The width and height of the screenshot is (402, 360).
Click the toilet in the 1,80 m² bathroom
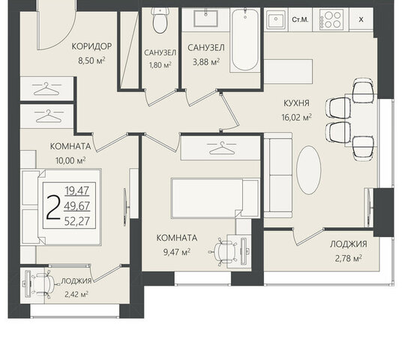point(160,20)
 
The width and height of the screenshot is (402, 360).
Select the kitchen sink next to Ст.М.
point(276,19)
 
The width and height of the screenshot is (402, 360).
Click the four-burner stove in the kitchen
point(331,19)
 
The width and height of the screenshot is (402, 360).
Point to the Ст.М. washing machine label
point(300,19)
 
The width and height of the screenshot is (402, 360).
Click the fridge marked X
point(361,19)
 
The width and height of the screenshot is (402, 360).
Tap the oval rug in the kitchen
point(309,170)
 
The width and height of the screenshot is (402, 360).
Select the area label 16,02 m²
point(297,118)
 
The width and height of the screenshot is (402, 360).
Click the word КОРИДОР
point(91,46)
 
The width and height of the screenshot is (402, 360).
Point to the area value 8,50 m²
point(91,61)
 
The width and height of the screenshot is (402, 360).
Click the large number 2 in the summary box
point(53,207)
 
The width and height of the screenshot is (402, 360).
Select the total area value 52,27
point(77,221)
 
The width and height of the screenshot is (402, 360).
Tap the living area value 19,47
point(77,190)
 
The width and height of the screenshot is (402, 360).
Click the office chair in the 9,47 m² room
point(223,251)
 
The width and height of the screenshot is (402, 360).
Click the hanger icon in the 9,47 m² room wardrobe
point(221,148)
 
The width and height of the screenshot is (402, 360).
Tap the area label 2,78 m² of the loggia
point(349,258)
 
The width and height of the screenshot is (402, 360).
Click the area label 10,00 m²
point(70,160)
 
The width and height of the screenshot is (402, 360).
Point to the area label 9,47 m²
point(177,252)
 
